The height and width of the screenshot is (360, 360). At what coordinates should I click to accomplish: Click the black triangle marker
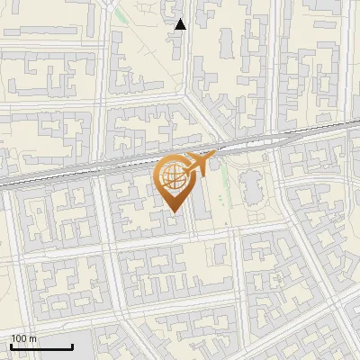tap(181, 24)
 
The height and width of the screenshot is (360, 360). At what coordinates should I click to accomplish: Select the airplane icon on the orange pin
tap(199, 165)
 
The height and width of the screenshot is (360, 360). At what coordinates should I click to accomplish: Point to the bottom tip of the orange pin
tap(173, 212)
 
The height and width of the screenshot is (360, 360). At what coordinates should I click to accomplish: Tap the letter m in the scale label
tap(32, 339)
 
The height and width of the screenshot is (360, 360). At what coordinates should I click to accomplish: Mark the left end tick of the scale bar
tap(11, 346)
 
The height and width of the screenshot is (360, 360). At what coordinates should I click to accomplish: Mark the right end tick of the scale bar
tap(72, 346)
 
